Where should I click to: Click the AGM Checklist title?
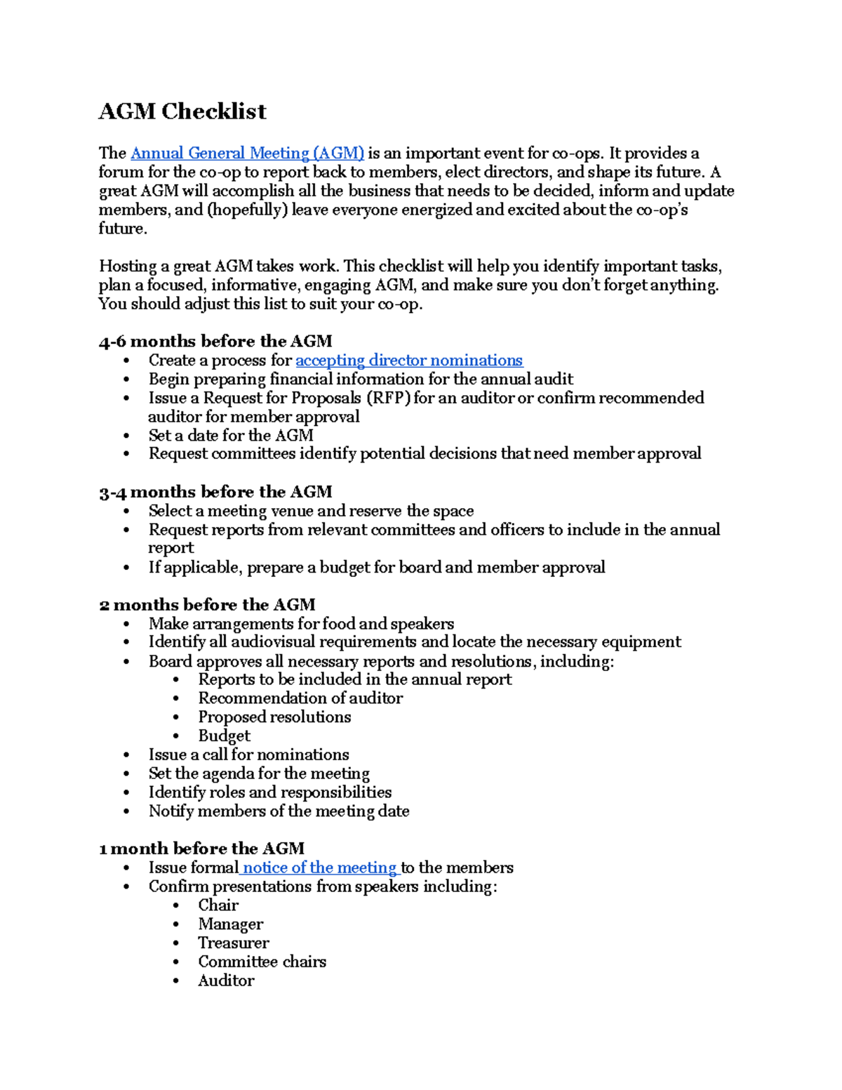(182, 112)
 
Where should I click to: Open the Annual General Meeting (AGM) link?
(247, 153)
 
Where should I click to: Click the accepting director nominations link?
(409, 360)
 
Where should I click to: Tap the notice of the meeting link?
(320, 868)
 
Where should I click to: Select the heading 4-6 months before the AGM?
(215, 341)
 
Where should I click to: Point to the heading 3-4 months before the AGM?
(215, 491)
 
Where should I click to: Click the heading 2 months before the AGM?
(207, 604)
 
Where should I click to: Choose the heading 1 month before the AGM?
(201, 848)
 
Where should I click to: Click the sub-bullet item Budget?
(224, 736)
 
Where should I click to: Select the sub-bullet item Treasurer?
(233, 943)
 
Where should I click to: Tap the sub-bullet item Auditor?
(226, 981)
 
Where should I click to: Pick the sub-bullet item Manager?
(230, 924)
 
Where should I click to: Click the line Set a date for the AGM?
(231, 435)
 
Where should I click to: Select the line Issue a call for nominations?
(248, 755)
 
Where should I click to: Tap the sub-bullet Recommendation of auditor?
(300, 698)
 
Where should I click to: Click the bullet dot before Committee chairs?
(176, 962)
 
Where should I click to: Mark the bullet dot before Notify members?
(126, 811)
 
